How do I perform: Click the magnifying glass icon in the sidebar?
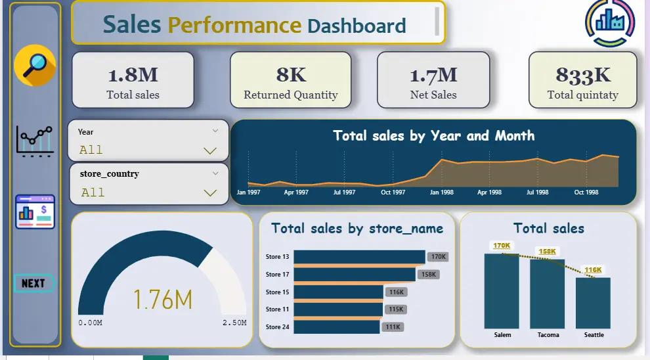coord(35,65)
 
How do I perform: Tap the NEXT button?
coord(34,283)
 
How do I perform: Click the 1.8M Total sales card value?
coord(133,75)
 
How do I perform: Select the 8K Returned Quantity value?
coord(291,75)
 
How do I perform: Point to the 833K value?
coord(583,75)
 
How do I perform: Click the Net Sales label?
coord(433,95)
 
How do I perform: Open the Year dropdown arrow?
coord(210,150)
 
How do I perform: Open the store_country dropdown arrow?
coord(210,193)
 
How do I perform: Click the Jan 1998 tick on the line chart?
coord(441,192)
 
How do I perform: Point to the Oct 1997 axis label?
coord(393,192)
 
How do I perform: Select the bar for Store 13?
coord(359,257)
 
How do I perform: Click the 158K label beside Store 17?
coord(428,274)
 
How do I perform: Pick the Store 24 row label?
coord(277,326)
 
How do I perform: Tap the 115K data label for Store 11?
coord(396,309)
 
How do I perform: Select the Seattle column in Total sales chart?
coord(594,304)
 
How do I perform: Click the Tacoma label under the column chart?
coord(548,334)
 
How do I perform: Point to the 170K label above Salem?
coord(502,246)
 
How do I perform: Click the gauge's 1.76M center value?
coord(163,300)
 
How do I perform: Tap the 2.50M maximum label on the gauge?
coord(234,323)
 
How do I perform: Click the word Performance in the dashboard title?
coord(234,25)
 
